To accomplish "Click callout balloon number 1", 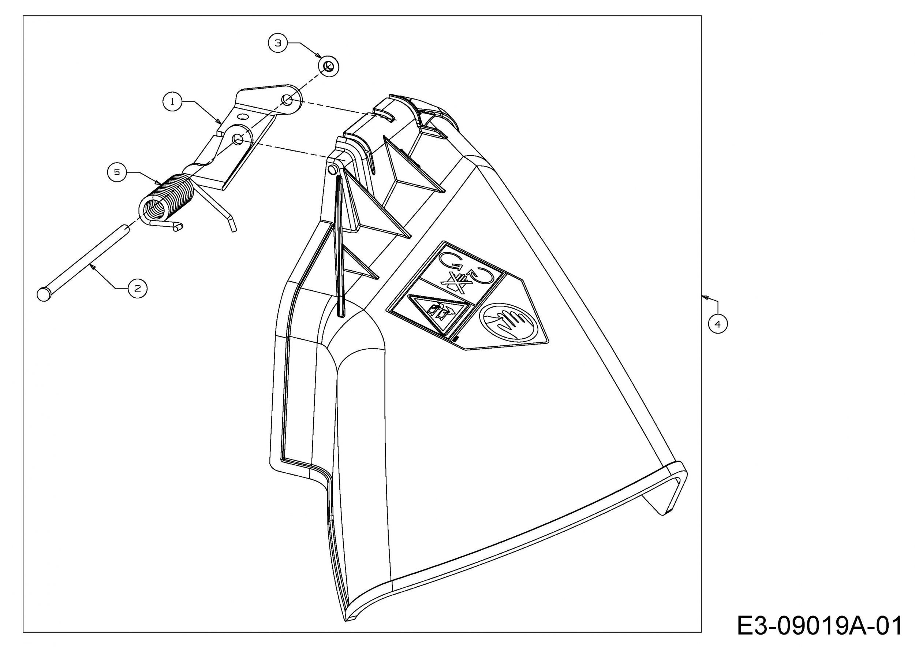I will (x=172, y=102).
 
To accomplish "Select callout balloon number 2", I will (x=138, y=288).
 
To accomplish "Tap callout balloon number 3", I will (x=278, y=42).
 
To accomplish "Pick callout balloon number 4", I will (x=717, y=324).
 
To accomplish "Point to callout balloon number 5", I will (x=117, y=172).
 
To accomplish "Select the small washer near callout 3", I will (x=328, y=67).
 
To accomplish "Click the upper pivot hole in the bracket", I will (x=287, y=99).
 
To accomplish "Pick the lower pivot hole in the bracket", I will (x=238, y=139).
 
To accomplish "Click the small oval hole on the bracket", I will (x=241, y=116).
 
